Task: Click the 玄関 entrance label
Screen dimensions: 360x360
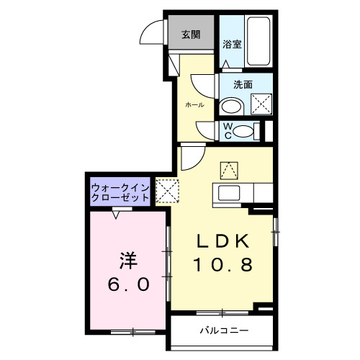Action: coord(190,34)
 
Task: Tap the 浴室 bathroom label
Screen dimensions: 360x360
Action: coord(232,43)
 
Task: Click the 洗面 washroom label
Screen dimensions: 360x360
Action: coord(243,84)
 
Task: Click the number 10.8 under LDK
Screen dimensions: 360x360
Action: coord(223,265)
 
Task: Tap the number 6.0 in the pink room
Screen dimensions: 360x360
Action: coord(130,284)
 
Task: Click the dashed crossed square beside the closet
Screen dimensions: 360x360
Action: coord(167,192)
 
